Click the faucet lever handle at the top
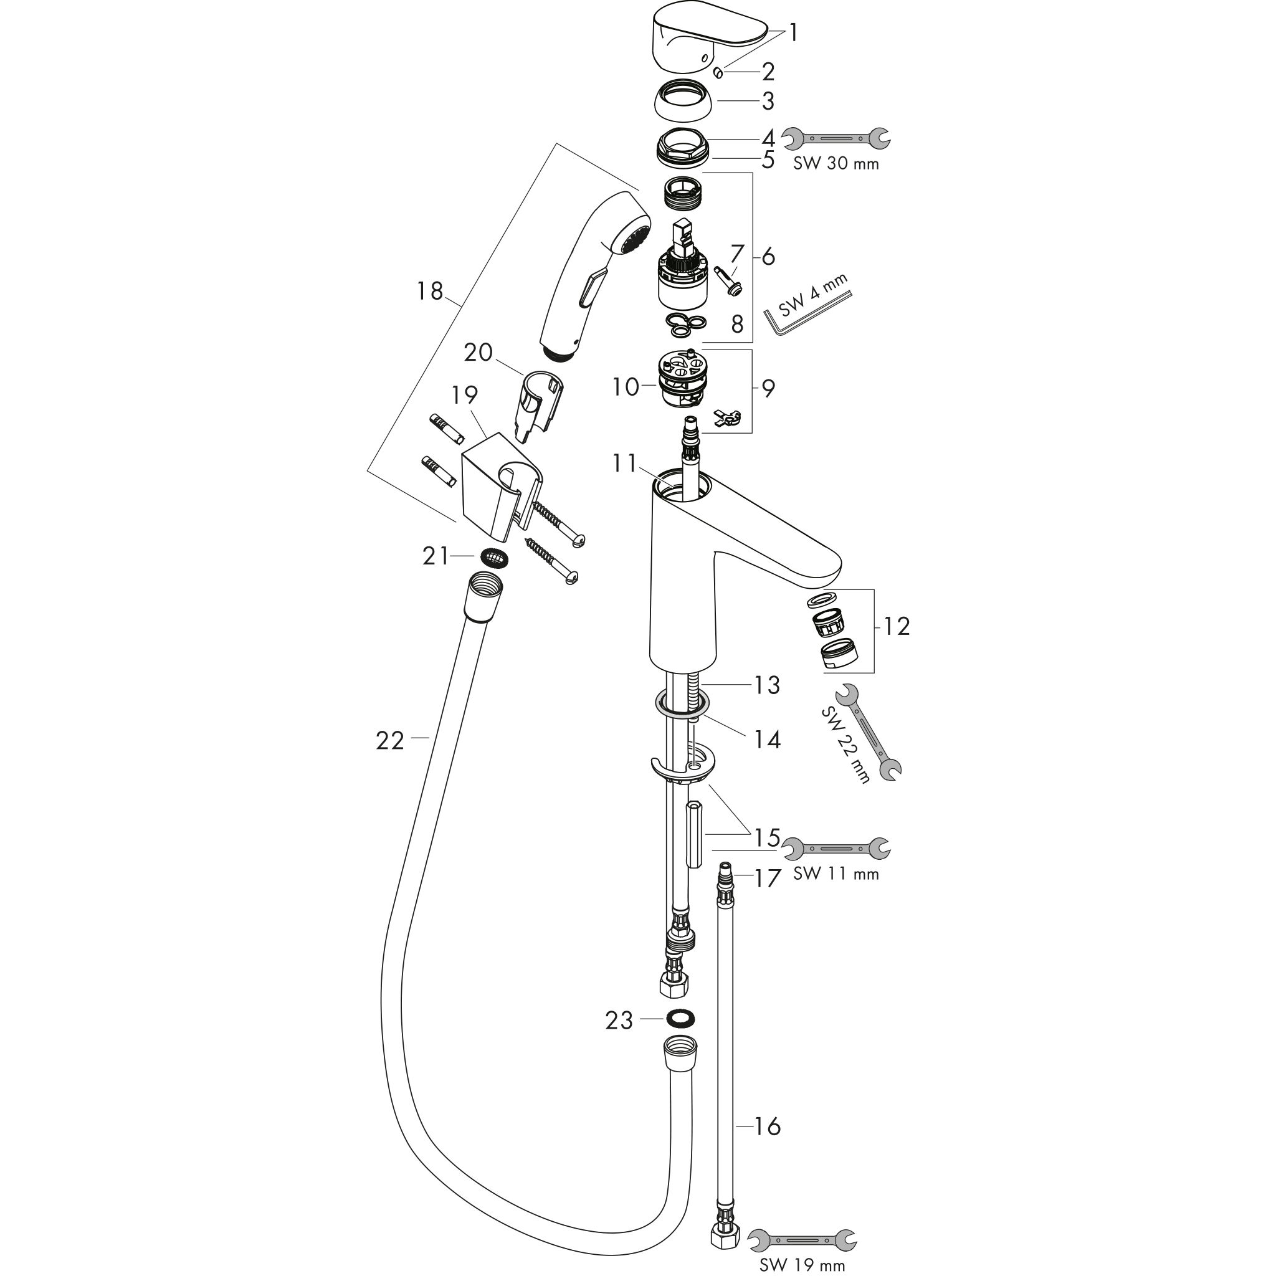(708, 38)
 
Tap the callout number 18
(429, 290)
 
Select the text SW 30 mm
(836, 163)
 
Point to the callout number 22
(389, 741)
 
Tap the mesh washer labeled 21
(495, 557)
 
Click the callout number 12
(896, 626)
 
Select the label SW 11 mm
(836, 874)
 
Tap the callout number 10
(626, 386)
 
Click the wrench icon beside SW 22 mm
(869, 733)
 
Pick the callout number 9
(768, 388)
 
